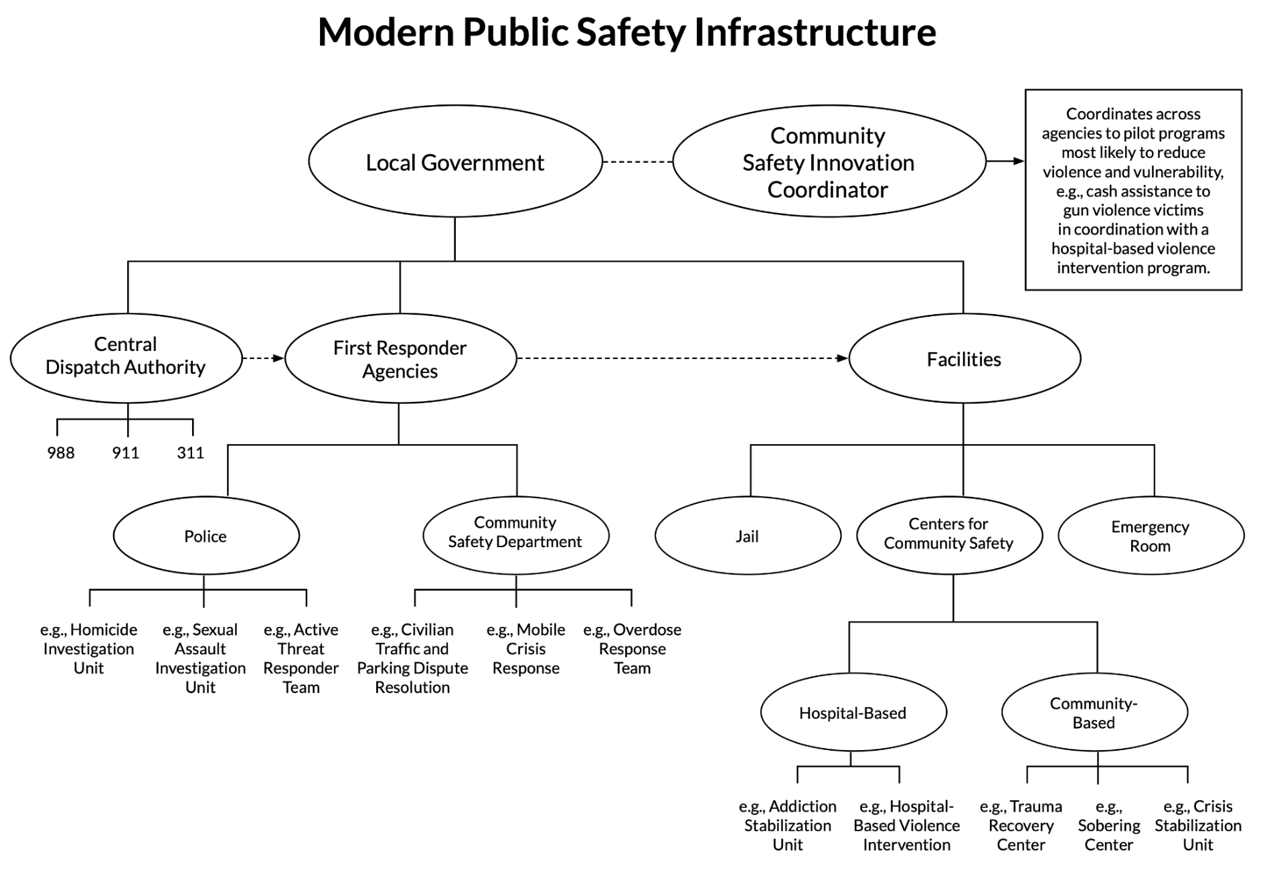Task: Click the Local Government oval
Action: (x=455, y=161)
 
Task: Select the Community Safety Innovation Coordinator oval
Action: (x=829, y=161)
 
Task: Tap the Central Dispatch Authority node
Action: (x=126, y=357)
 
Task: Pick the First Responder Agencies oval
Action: (x=400, y=358)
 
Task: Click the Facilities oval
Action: (x=964, y=359)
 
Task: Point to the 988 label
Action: (x=61, y=453)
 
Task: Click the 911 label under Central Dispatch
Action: (x=126, y=453)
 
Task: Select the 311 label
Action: (x=191, y=453)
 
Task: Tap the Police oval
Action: (x=205, y=536)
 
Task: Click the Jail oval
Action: (x=748, y=536)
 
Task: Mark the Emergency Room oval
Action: (x=1151, y=536)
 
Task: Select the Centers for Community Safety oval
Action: (x=949, y=534)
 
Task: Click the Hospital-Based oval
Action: (x=853, y=713)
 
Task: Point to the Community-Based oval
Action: (x=1094, y=713)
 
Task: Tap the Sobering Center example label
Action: (x=1109, y=826)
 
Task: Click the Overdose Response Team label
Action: (x=633, y=648)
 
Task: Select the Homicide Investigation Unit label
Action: (x=89, y=648)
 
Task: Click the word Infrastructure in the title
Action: (x=815, y=31)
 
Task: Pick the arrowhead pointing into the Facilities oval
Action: (x=843, y=358)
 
